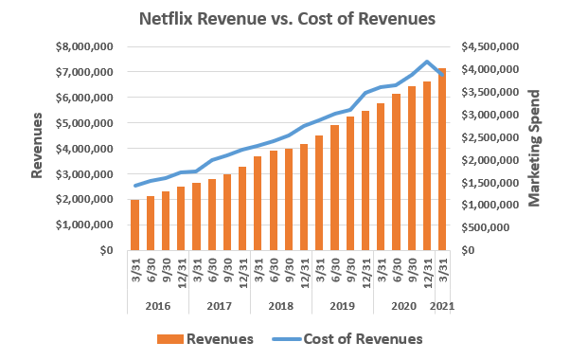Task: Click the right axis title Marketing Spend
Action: [534, 148]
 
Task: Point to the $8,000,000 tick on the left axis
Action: [87, 46]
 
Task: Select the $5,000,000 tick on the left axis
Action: [87, 123]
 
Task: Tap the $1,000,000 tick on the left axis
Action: [87, 225]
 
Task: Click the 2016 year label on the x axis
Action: [157, 306]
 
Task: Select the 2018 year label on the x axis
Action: [280, 306]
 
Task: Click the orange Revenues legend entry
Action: [213, 338]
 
